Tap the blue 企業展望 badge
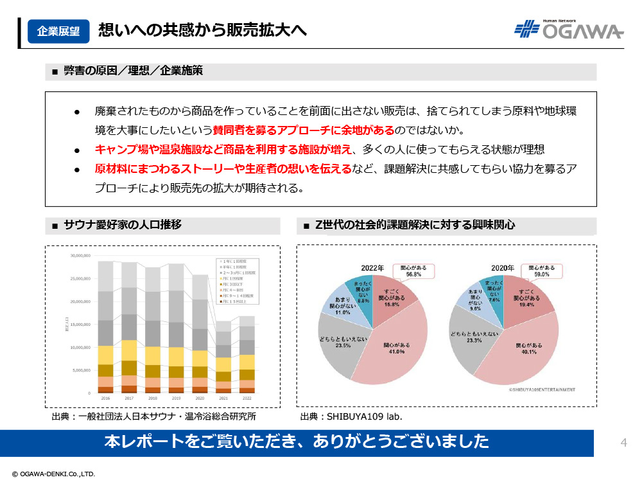click(x=58, y=31)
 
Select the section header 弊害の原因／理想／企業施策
click(x=133, y=71)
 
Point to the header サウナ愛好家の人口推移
click(x=122, y=225)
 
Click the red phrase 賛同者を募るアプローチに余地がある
click(x=304, y=130)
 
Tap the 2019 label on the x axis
click(x=176, y=398)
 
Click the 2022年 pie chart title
click(x=372, y=267)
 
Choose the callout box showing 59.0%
click(x=541, y=270)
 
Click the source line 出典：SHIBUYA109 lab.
click(x=351, y=416)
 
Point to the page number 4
click(x=623, y=442)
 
